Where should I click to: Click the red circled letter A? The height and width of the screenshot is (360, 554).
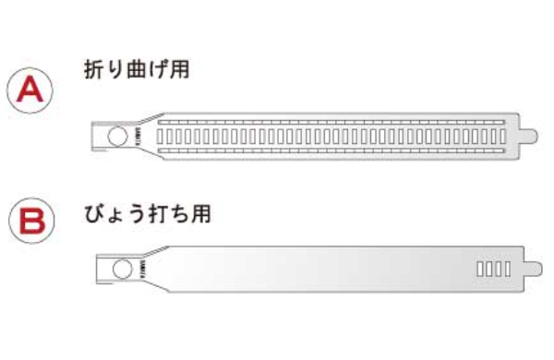click(x=30, y=90)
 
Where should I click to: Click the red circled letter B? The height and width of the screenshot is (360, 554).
click(x=30, y=222)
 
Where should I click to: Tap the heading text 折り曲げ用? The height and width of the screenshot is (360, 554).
click(x=136, y=69)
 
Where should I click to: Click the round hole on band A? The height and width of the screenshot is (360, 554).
click(x=118, y=137)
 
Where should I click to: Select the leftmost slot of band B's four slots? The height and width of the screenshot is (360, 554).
click(x=479, y=270)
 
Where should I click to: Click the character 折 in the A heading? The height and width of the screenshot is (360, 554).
click(x=91, y=69)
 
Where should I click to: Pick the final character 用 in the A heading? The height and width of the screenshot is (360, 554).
click(x=180, y=69)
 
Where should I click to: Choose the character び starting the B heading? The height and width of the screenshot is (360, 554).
click(x=91, y=215)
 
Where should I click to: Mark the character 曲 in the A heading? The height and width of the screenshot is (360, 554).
click(x=136, y=69)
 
